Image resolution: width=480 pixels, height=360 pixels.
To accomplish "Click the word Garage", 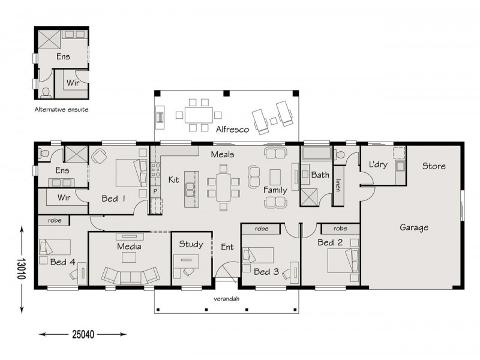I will point(413,227).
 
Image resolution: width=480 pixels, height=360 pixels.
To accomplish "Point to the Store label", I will point(433,166).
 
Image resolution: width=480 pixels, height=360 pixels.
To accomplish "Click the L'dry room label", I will point(376,164).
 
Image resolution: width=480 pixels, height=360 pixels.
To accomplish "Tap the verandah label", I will point(227,298).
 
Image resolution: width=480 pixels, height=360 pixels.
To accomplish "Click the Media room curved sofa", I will point(130,275).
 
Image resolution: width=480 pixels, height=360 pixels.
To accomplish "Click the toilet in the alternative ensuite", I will point(46,92).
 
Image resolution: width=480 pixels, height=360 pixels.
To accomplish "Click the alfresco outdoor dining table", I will point(199,114).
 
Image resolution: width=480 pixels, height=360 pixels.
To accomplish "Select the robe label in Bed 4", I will point(54,221).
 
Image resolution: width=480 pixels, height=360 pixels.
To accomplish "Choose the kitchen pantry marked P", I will point(155,191).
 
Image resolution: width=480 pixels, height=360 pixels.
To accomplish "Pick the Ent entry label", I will point(227,246).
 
